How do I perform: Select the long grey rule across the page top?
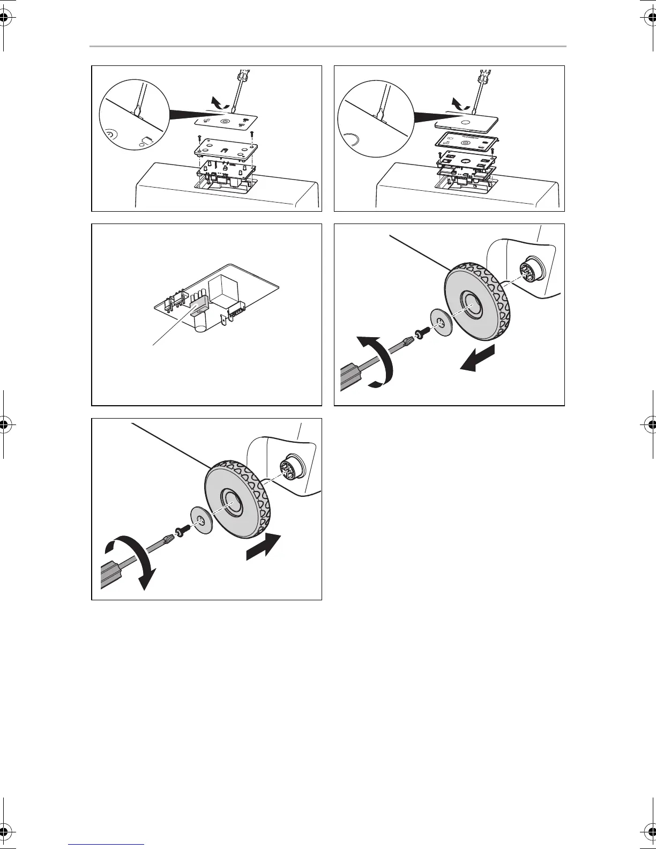327,47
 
